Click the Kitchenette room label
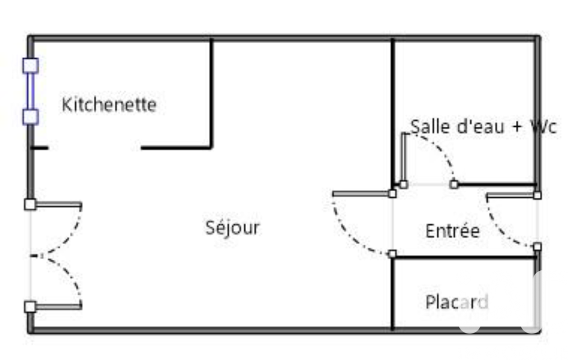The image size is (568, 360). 109,105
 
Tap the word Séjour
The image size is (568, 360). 233,228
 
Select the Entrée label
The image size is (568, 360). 452,231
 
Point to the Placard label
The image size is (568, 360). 457,302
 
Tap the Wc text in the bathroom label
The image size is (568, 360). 544,127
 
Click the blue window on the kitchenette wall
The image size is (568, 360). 31,91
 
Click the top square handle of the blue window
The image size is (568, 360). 31,65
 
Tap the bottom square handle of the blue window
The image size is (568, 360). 31,117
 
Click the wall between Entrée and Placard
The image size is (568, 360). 465,258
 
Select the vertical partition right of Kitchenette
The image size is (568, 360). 212,94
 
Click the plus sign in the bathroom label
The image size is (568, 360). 517,127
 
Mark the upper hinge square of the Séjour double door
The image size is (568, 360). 30,204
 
